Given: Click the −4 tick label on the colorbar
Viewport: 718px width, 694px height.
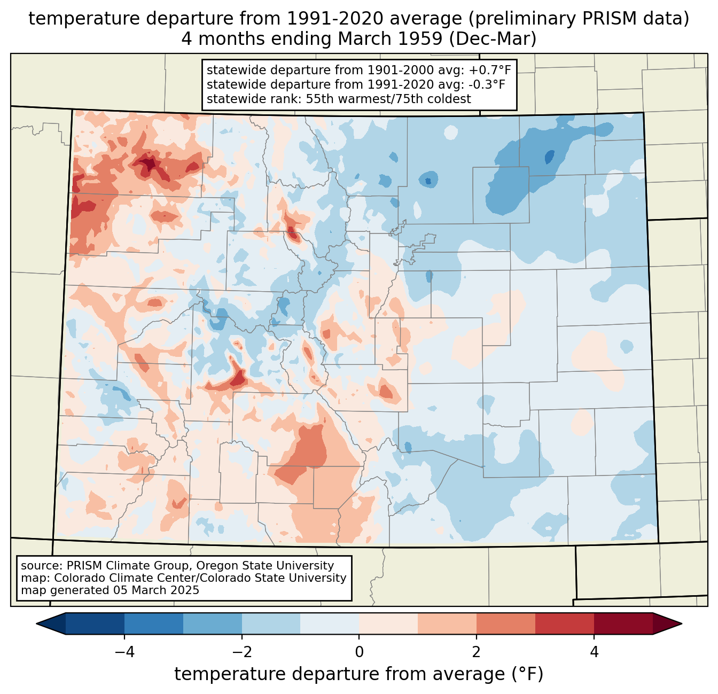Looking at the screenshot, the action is click(124, 652).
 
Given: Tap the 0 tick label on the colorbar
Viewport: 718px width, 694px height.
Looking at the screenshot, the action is click(359, 652).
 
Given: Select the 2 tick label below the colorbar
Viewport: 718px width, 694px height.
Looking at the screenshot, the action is click(477, 652).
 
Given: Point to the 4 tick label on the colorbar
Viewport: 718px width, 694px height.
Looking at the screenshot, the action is click(594, 652).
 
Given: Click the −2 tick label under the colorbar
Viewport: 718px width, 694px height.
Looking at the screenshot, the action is click(241, 652).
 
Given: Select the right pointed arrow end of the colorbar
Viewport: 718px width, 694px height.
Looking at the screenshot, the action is click(667, 624).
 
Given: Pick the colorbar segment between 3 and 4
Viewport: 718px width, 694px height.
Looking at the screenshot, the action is click(565, 624).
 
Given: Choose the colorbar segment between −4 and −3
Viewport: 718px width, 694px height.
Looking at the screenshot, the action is click(154, 624).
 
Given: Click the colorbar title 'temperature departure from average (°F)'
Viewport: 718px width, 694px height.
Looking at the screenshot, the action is click(359, 674).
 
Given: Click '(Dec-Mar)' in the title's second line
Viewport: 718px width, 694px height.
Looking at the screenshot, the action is click(492, 39).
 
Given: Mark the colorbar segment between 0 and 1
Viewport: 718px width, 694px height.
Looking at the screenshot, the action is click(388, 624).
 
